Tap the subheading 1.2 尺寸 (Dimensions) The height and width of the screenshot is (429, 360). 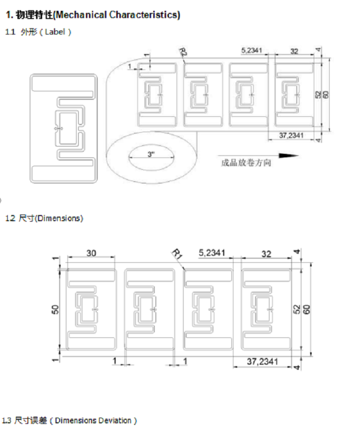pyautogui.click(x=43, y=218)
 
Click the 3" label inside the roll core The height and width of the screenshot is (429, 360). pyautogui.click(x=151, y=154)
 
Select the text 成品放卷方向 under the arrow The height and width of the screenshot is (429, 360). pyautogui.click(x=245, y=163)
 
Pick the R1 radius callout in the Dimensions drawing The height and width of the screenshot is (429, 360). pyautogui.click(x=177, y=254)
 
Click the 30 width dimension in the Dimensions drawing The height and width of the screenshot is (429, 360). pyautogui.click(x=91, y=253)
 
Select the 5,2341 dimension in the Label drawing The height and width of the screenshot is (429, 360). pyautogui.click(x=253, y=50)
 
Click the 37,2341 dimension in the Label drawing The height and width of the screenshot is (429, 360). pyautogui.click(x=292, y=135)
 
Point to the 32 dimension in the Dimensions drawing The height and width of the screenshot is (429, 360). pyautogui.click(x=266, y=253)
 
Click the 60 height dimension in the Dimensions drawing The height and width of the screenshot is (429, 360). pyautogui.click(x=307, y=309)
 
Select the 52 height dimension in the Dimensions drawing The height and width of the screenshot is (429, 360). pyautogui.click(x=297, y=309)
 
